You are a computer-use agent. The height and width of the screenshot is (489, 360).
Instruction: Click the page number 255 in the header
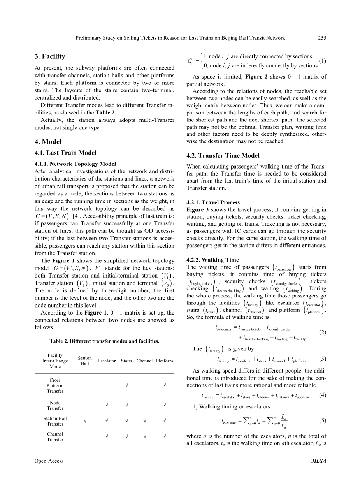click(x=322, y=38)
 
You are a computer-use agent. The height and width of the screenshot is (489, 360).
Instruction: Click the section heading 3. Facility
click(x=50, y=56)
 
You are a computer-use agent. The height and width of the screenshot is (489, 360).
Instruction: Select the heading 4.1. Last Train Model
click(x=66, y=153)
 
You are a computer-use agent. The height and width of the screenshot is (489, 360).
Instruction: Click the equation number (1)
click(x=322, y=61)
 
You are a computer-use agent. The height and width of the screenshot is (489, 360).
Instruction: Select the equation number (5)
click(x=322, y=420)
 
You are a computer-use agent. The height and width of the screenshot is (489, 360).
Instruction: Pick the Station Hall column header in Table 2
click(x=85, y=361)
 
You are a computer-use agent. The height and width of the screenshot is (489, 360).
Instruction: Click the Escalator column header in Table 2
click(x=107, y=361)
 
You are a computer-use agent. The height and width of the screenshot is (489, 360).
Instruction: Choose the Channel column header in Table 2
click(x=144, y=361)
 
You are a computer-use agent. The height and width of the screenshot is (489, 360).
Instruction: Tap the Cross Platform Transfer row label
click(x=55, y=385)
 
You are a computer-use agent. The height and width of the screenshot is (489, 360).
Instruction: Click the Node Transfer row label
click(x=55, y=405)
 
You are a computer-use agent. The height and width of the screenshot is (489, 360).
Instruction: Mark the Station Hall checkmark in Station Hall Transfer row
click(x=85, y=421)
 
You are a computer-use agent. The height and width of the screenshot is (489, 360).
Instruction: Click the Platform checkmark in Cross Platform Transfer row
click(x=165, y=385)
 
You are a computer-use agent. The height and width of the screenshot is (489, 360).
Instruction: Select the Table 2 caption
click(x=104, y=341)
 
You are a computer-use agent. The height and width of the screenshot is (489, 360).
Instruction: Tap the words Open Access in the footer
click(x=49, y=461)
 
